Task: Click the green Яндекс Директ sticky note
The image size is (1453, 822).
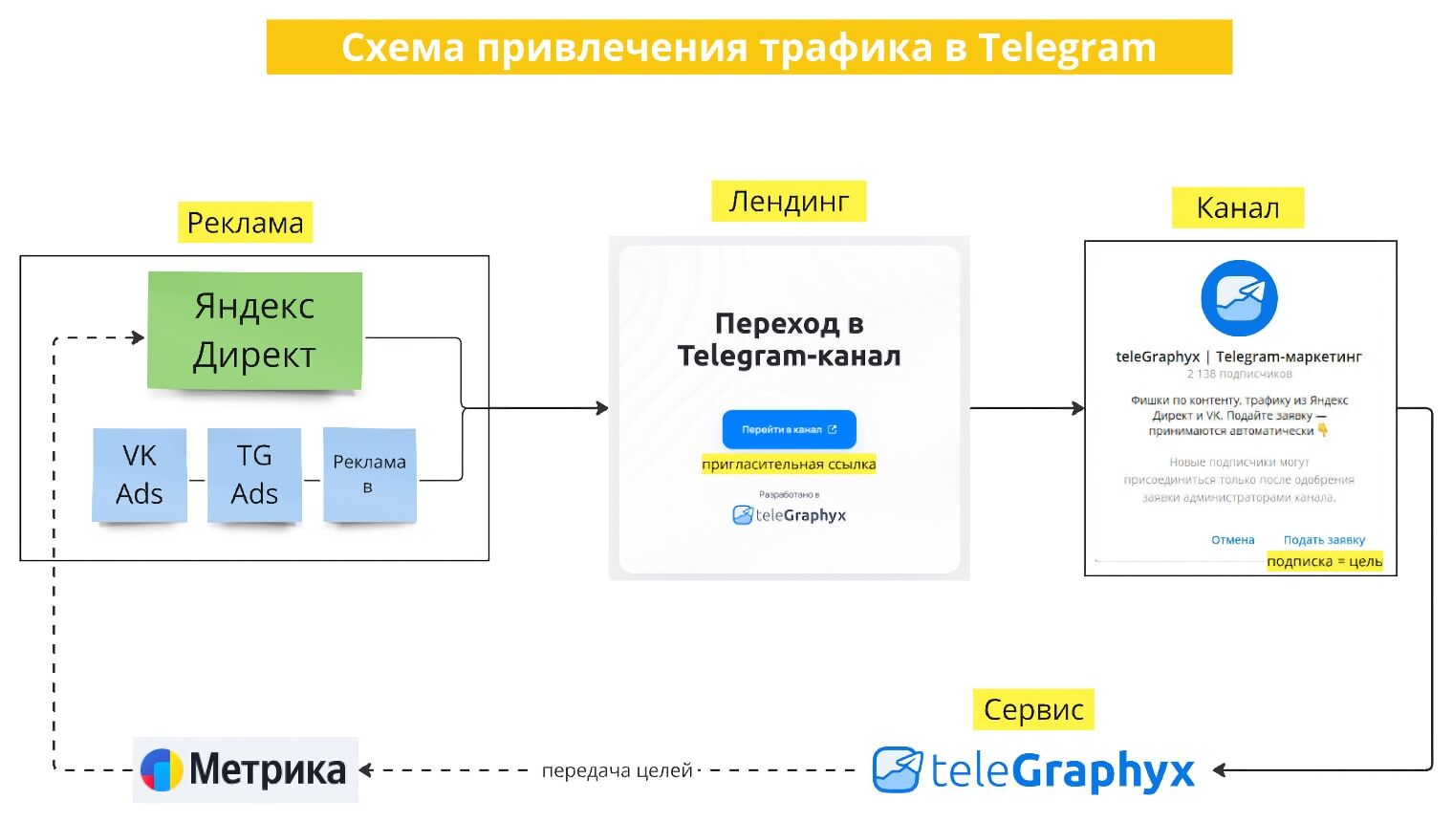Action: click(x=254, y=330)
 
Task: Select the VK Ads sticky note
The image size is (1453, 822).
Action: click(x=140, y=474)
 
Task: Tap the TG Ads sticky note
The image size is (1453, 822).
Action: click(x=254, y=474)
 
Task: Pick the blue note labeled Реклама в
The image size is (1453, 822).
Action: click(x=370, y=474)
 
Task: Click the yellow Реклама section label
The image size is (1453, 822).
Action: click(x=245, y=223)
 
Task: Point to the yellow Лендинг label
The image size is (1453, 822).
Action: click(x=789, y=202)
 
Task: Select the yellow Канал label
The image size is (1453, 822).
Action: click(x=1237, y=207)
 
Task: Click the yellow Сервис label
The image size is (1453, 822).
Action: click(x=1033, y=710)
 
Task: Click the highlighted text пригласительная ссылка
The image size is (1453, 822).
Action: click(x=789, y=465)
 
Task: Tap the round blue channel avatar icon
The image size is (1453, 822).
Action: click(x=1239, y=298)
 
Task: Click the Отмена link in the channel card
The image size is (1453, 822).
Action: click(x=1232, y=540)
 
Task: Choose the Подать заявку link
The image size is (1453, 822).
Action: click(x=1324, y=540)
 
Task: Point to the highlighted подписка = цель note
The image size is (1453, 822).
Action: click(x=1324, y=561)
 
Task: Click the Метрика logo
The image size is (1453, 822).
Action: click(x=245, y=769)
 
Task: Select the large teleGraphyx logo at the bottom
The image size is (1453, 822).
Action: click(x=1033, y=770)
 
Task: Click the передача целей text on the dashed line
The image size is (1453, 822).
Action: click(x=617, y=770)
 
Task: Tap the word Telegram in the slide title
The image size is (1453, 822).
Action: click(x=1067, y=47)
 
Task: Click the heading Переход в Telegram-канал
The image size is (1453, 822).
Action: click(x=789, y=339)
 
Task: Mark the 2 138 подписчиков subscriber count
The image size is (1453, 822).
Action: click(x=1239, y=374)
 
